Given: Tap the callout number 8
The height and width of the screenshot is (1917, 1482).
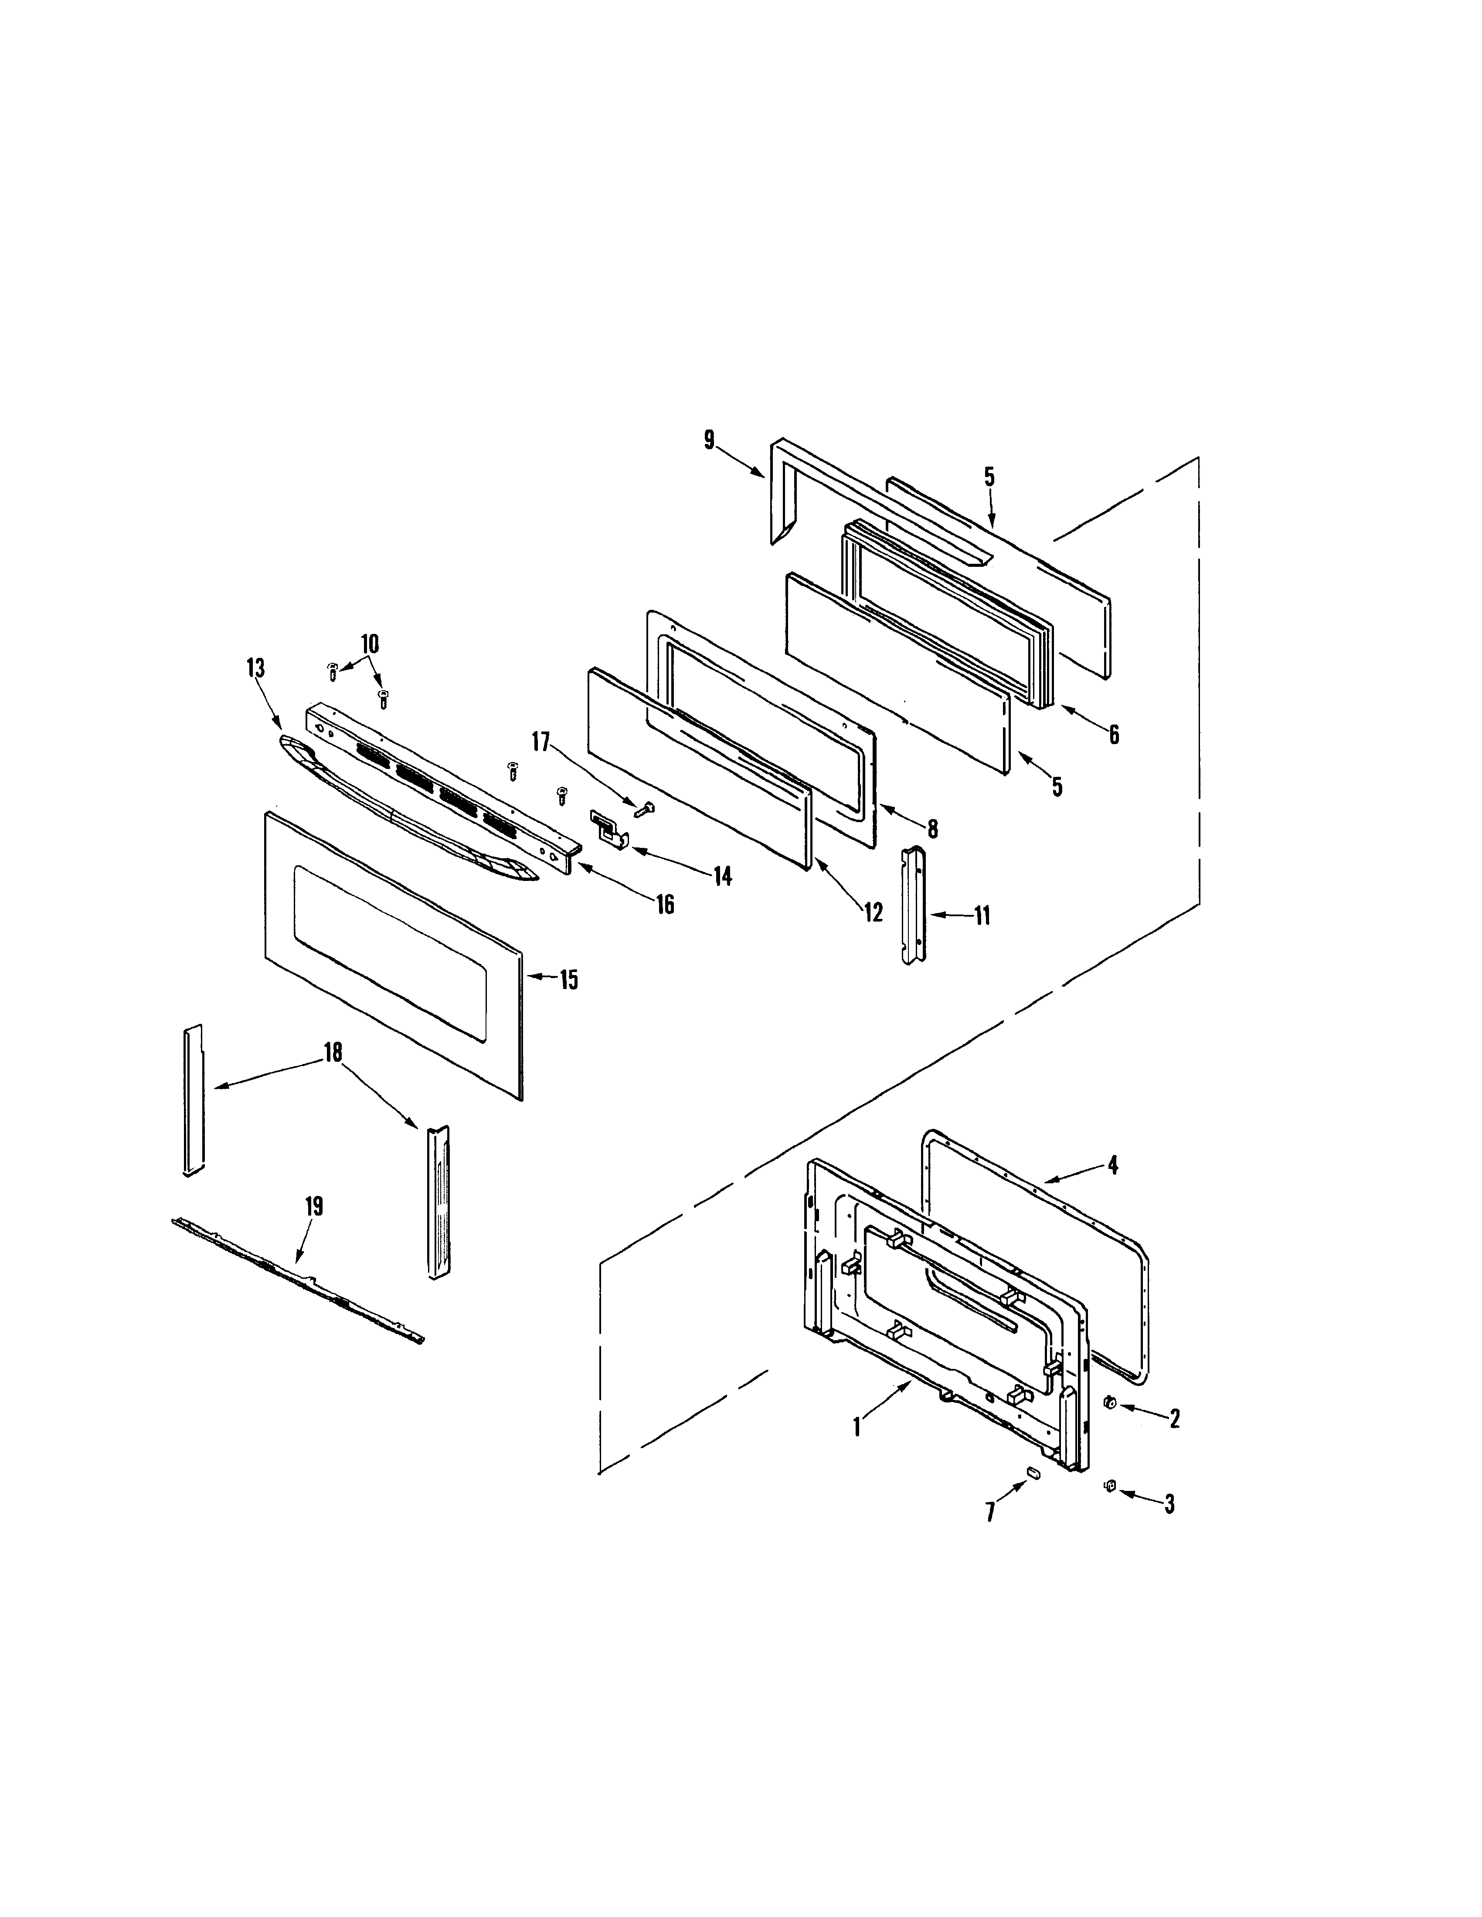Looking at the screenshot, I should (932, 828).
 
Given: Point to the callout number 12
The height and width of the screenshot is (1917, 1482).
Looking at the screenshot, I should (873, 912).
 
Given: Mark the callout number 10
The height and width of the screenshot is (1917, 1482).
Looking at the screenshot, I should (370, 644).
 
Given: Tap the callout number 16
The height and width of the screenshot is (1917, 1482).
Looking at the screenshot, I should (666, 904).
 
